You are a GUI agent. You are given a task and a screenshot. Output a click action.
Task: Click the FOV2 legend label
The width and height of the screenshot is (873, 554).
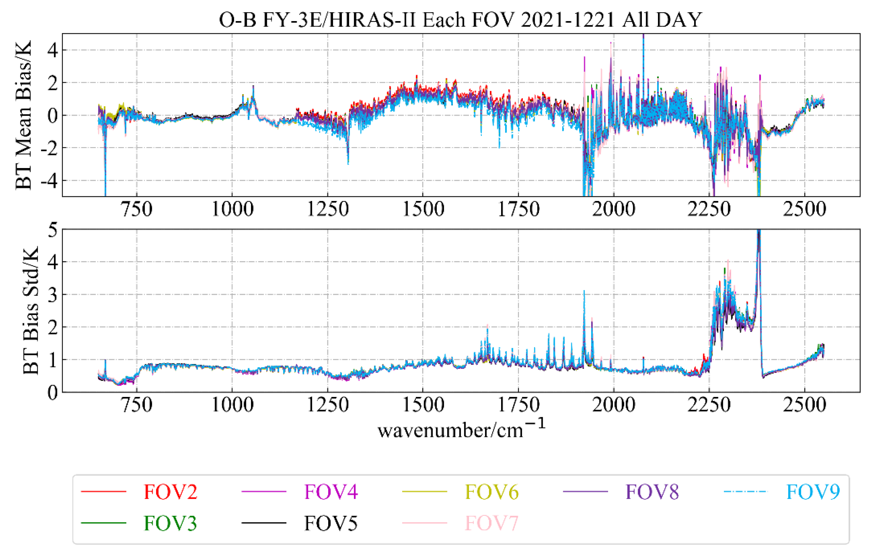(x=171, y=492)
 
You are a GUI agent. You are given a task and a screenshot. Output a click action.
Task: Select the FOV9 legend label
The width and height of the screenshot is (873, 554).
(x=813, y=492)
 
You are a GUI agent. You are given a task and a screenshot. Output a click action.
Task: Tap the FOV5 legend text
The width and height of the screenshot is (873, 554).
(x=331, y=523)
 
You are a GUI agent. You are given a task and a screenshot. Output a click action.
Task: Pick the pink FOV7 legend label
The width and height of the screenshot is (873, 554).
(x=491, y=523)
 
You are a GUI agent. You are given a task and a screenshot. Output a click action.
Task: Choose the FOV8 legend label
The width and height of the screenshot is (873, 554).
(x=652, y=492)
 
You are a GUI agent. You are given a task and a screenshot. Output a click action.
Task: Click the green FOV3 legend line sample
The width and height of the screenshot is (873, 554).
(x=103, y=523)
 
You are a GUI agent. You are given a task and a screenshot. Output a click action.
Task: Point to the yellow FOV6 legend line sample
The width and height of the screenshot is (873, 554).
(x=424, y=492)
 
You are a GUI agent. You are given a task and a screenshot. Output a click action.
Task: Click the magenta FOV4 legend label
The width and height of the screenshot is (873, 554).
(x=331, y=492)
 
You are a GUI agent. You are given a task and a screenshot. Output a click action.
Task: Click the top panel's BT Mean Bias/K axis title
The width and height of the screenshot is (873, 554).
(x=23, y=115)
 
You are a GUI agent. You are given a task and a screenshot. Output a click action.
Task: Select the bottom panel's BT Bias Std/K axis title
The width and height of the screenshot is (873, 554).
(x=31, y=311)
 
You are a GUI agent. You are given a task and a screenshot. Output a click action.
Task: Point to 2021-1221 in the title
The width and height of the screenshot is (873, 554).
(x=568, y=20)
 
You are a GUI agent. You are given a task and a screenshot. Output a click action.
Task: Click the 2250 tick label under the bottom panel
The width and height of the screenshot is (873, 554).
(x=709, y=405)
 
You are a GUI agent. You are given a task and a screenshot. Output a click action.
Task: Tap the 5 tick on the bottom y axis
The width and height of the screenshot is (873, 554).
(x=53, y=230)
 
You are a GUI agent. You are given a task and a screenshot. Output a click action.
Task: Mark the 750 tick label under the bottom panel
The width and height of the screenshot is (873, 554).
(x=137, y=405)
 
